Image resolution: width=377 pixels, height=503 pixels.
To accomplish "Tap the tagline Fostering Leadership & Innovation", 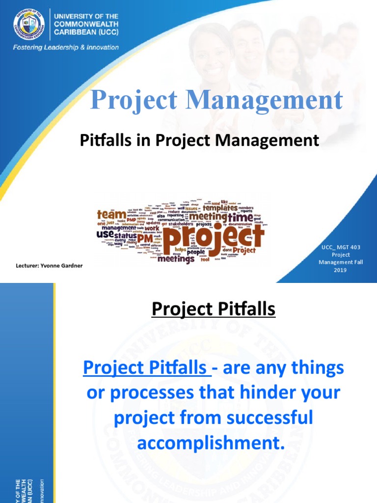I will coord(65,48).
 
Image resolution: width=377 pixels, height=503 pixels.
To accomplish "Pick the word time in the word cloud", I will coord(240,217).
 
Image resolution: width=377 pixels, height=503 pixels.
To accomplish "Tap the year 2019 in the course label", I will coord(340,270).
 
